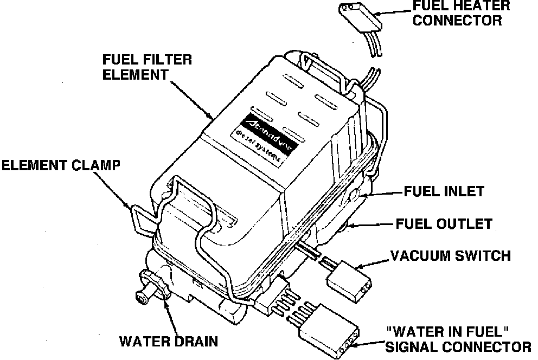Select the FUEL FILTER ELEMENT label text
148,66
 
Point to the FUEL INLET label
444,191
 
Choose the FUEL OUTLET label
444,223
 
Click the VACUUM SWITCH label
451,255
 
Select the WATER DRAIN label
168,342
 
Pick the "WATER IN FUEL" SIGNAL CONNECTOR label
458,338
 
